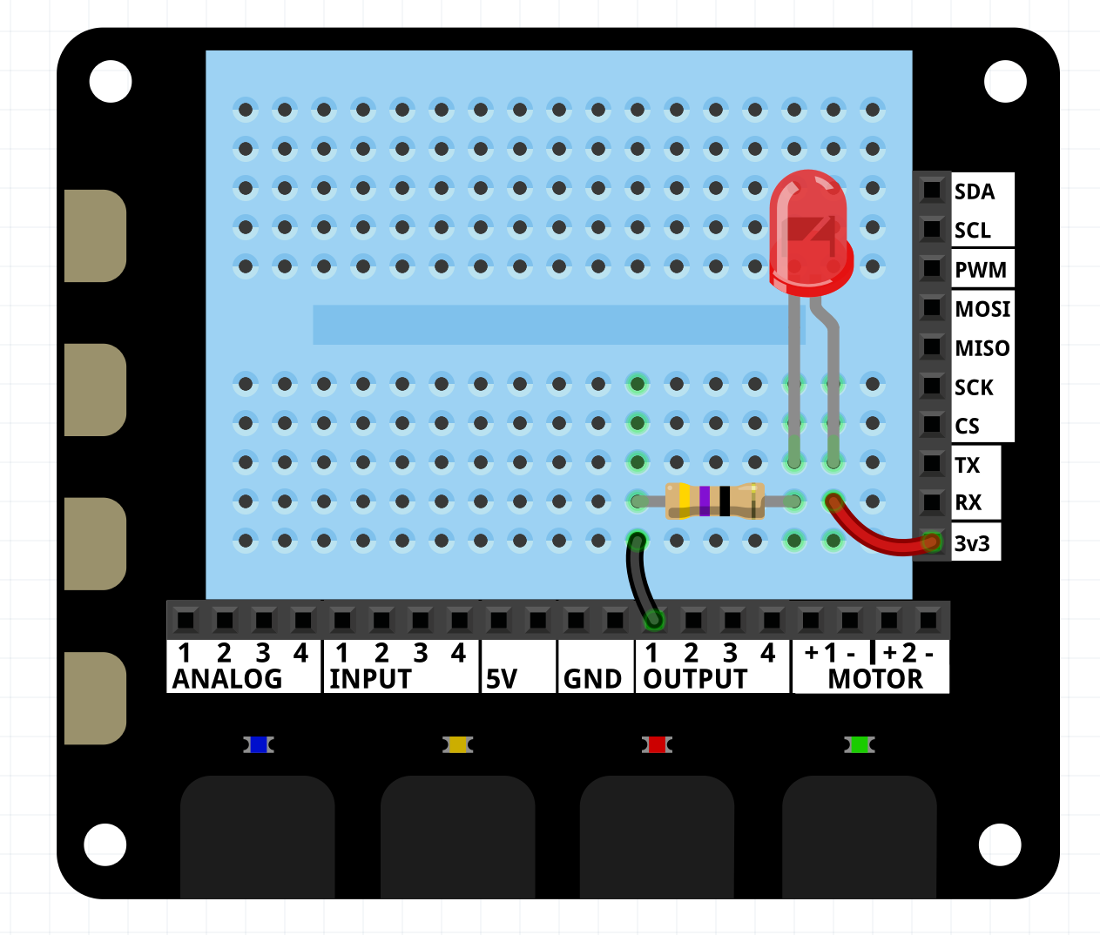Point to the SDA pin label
click(974, 192)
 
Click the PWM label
click(980, 270)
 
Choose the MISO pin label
click(982, 348)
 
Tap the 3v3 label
click(972, 544)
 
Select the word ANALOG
click(227, 679)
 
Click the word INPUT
click(370, 679)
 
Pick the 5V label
click(502, 679)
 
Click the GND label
click(592, 679)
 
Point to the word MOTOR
click(874, 679)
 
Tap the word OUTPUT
click(695, 679)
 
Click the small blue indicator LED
click(258, 744)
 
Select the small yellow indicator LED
click(457, 744)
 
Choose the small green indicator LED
click(859, 744)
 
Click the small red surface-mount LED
click(657, 744)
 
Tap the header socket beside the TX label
click(932, 464)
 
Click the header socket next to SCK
click(932, 387)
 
